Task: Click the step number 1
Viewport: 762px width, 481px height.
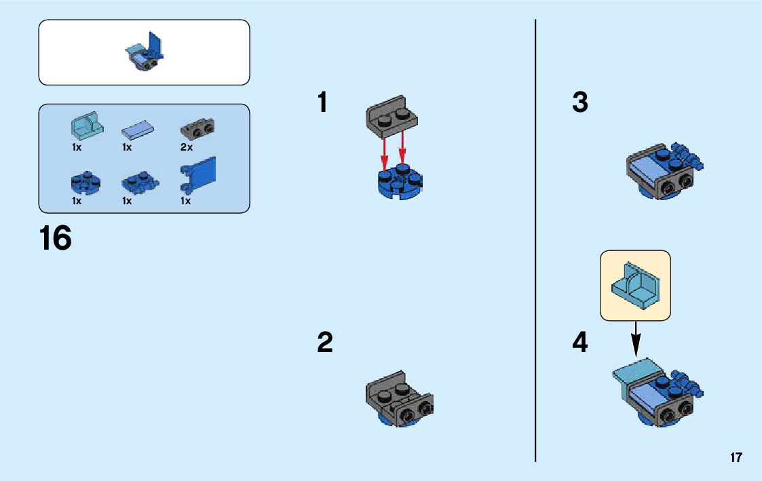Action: pyautogui.click(x=322, y=103)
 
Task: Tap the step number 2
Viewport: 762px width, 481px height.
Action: pyautogui.click(x=325, y=343)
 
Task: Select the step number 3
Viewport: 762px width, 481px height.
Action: pyautogui.click(x=580, y=103)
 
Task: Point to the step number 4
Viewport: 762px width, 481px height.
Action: pyautogui.click(x=580, y=343)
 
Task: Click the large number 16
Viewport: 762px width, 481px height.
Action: pyautogui.click(x=55, y=239)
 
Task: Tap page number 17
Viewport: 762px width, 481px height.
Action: pyautogui.click(x=736, y=458)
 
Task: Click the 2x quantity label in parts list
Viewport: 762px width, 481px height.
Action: pyautogui.click(x=187, y=147)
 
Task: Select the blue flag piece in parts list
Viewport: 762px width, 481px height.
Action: pyautogui.click(x=198, y=174)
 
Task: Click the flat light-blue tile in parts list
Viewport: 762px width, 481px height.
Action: pyautogui.click(x=137, y=129)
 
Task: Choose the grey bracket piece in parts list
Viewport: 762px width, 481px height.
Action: pyautogui.click(x=197, y=128)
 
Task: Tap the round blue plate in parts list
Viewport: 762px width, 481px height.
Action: pyautogui.click(x=85, y=182)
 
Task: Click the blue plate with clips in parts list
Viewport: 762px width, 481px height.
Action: pyautogui.click(x=140, y=182)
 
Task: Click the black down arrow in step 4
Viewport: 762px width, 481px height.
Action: pyautogui.click(x=636, y=339)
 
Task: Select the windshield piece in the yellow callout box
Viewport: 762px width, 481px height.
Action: pyautogui.click(x=635, y=286)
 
